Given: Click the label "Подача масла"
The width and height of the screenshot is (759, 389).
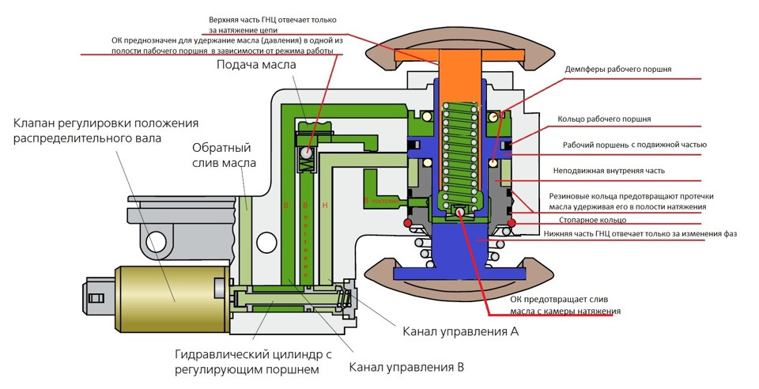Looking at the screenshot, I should point(257,64).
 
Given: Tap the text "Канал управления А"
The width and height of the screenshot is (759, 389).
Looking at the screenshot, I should point(460,332).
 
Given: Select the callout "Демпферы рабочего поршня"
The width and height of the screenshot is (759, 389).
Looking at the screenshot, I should point(618,70).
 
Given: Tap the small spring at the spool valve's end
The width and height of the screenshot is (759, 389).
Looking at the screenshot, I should point(344,298).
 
